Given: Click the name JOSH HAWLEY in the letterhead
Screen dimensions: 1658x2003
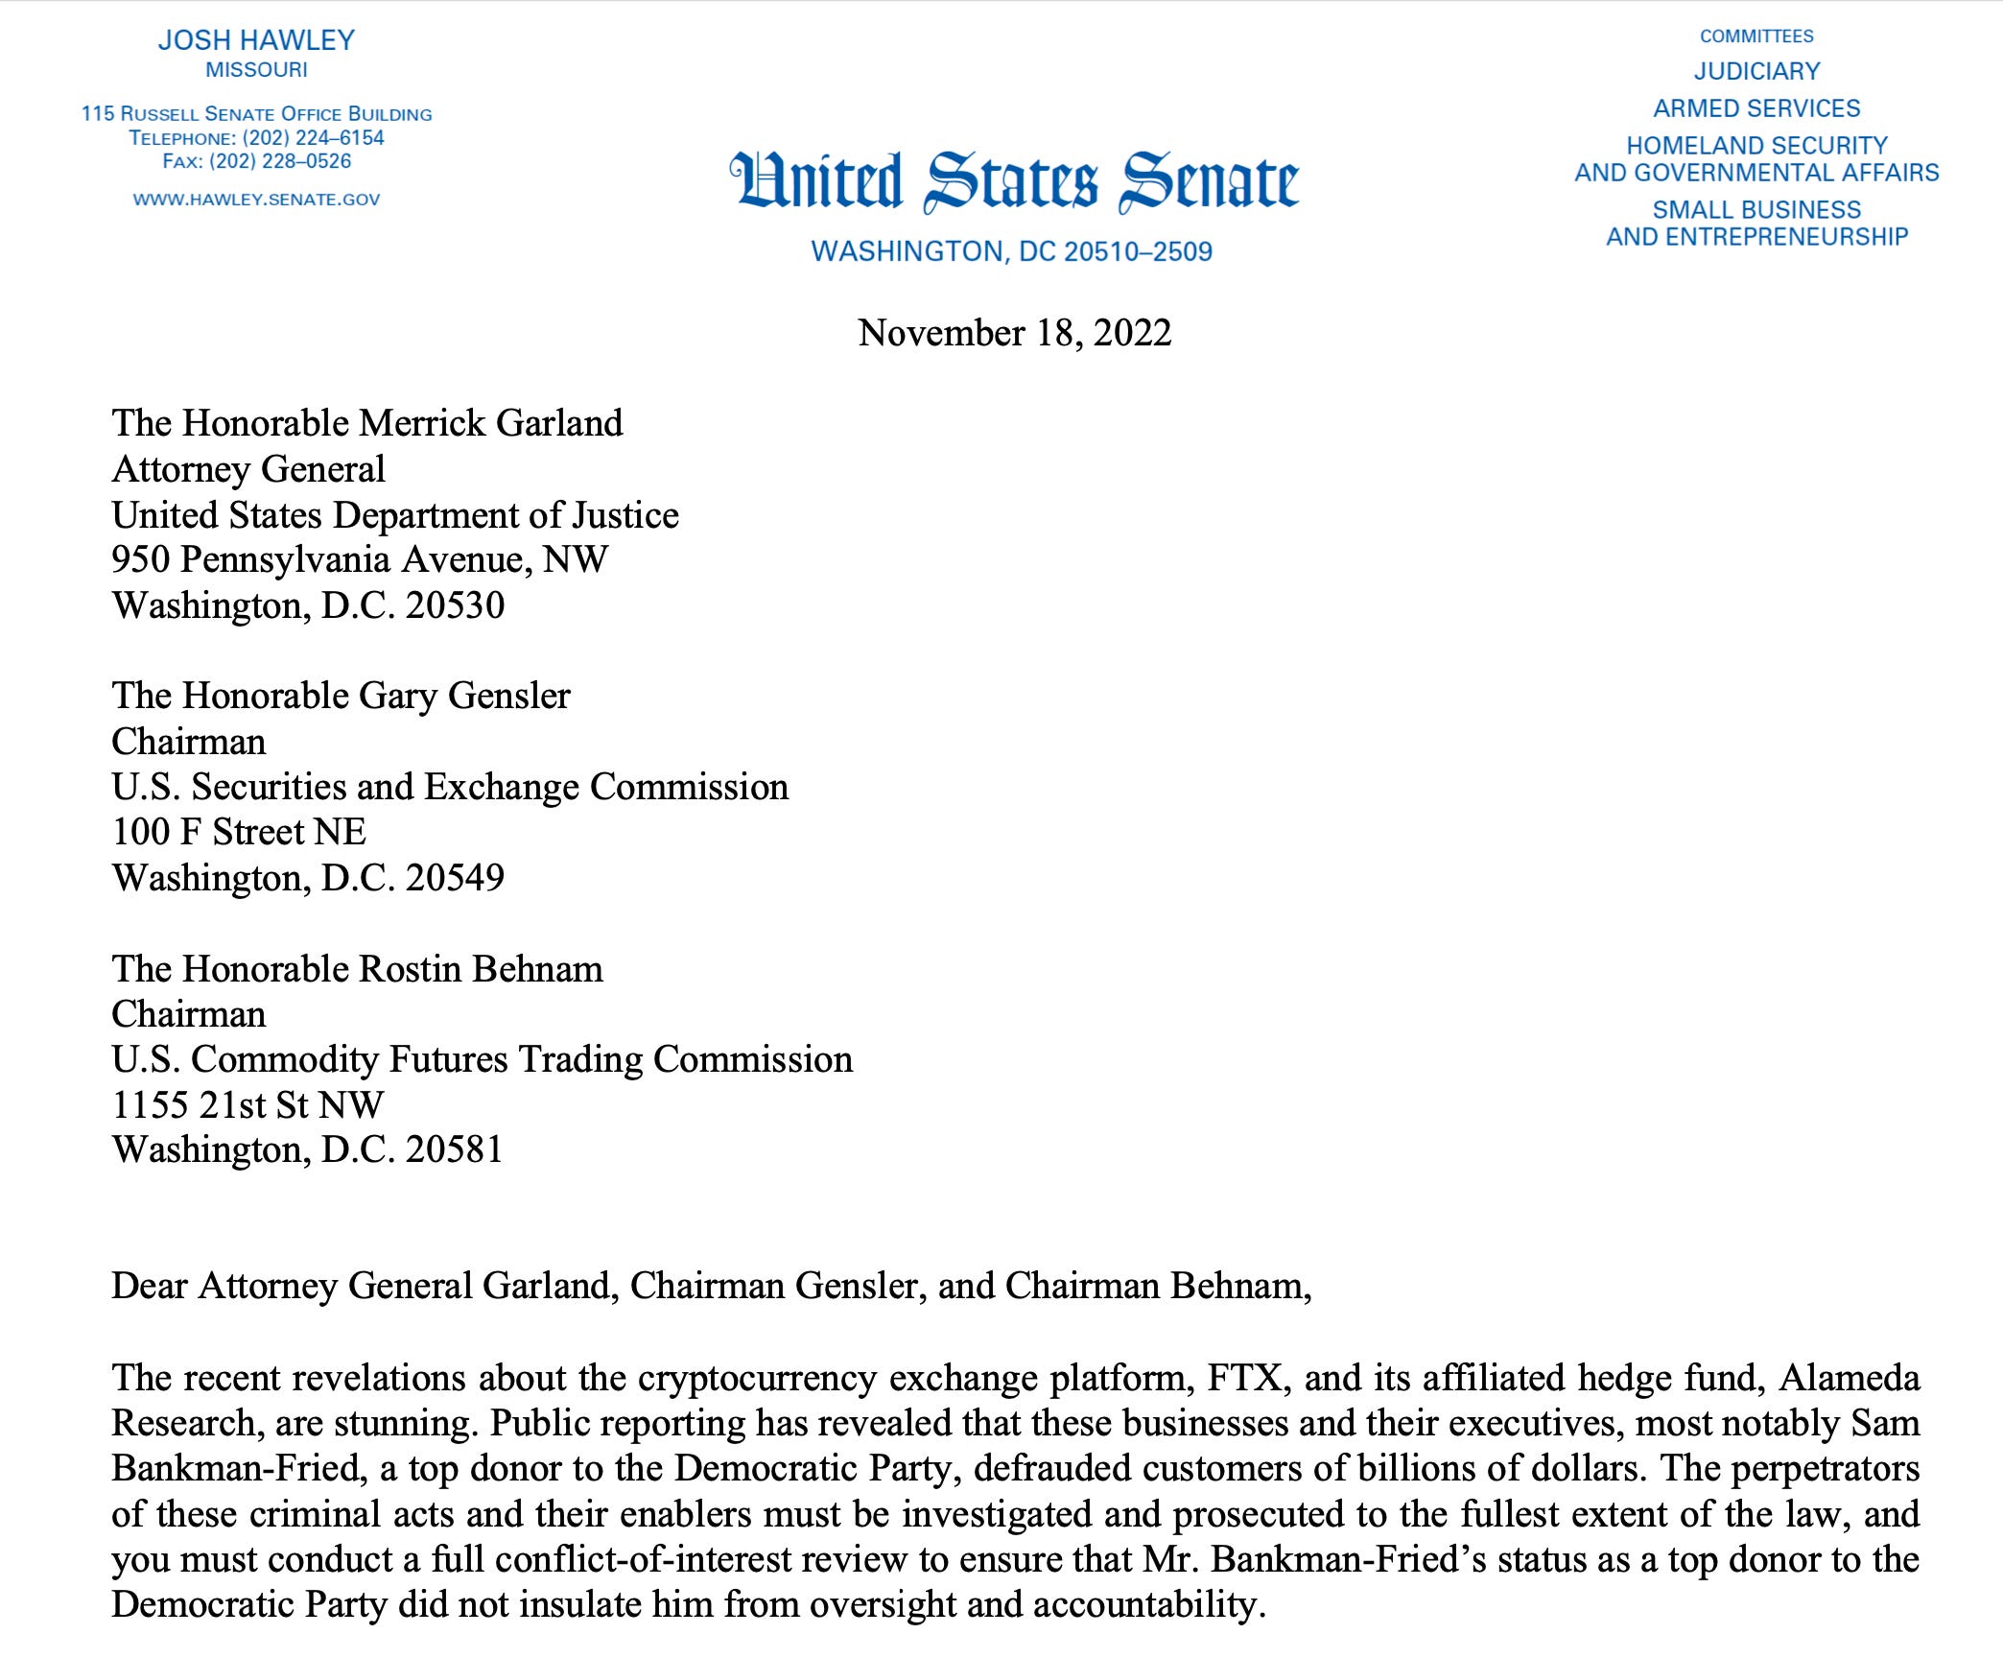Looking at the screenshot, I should coord(256,40).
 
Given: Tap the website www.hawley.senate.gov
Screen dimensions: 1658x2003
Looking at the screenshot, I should coord(256,200).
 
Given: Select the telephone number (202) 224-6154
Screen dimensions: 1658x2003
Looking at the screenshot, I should coord(313,138).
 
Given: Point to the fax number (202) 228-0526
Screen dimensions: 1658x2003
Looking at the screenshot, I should coord(280,161).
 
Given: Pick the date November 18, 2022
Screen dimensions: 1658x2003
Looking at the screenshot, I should coord(1014,333).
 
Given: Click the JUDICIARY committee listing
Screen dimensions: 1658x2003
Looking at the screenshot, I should coord(1756,71).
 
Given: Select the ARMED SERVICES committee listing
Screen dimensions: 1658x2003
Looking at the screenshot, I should coord(1756,108).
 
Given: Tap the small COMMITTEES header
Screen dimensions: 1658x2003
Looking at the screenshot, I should coord(1756,36).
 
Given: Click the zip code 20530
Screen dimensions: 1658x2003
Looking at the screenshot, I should coord(455,605).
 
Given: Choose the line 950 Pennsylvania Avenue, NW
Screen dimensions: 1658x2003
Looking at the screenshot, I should coord(360,559).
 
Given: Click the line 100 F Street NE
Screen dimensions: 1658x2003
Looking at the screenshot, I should coord(239,832).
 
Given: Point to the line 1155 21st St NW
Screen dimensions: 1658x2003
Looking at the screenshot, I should coord(247,1104).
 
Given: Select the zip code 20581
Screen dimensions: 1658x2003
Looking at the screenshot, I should coord(455,1149).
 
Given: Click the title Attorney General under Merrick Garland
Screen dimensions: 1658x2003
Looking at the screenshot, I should coord(248,469).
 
